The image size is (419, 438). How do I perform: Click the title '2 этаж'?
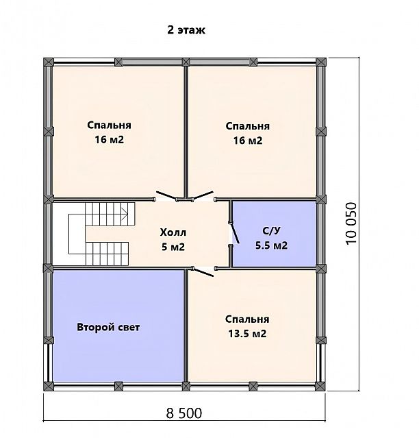point(186,30)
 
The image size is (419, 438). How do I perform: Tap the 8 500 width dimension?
point(184,413)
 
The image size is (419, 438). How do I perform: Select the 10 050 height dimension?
point(351,223)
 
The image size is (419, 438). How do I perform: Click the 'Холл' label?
point(173,232)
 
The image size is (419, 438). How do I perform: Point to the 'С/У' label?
point(271,231)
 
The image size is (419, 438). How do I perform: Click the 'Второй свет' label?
point(108,327)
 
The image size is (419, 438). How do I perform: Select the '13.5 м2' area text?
point(247,334)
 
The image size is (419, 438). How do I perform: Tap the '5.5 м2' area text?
point(271,245)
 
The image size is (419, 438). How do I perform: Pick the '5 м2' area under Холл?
point(173,247)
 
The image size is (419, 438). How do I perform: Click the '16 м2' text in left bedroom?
point(109,139)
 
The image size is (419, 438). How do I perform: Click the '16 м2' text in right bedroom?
point(248,141)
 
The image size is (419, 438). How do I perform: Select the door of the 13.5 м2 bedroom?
point(203,272)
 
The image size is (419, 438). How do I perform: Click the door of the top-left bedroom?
point(166,195)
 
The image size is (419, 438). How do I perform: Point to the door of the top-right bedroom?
point(203,195)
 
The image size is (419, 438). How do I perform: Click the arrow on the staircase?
point(125,215)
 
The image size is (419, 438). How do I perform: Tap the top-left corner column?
point(49,62)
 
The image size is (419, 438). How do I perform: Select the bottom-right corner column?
point(321,387)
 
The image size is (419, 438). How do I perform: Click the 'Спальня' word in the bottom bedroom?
point(247,319)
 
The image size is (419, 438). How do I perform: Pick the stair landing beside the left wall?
point(77,234)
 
